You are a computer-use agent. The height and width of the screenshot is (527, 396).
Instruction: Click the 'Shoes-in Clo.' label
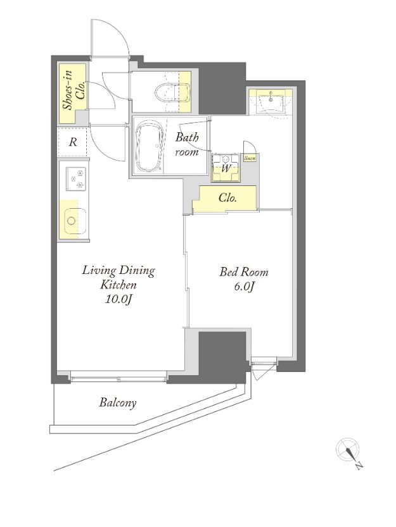(x=73, y=90)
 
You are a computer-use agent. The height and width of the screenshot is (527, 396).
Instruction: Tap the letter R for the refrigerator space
(x=73, y=142)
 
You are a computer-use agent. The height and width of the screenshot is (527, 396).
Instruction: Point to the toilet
(x=172, y=91)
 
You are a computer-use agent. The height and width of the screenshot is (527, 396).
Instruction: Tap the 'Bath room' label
(x=187, y=144)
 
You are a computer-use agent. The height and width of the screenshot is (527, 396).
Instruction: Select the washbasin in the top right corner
(x=271, y=101)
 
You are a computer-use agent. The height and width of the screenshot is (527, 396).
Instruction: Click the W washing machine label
(x=226, y=168)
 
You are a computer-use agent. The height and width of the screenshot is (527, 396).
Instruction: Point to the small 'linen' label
(x=250, y=158)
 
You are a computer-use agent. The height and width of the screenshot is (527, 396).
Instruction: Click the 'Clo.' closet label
(x=228, y=198)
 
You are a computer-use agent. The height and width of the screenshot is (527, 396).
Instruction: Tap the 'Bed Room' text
(x=244, y=271)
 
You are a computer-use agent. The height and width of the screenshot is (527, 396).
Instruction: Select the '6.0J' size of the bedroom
(x=244, y=287)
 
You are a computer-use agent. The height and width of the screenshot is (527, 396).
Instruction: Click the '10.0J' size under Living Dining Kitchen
(x=118, y=299)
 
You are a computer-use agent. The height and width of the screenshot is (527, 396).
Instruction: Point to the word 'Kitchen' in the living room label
(x=119, y=285)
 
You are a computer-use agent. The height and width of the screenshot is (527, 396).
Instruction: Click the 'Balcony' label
(x=118, y=403)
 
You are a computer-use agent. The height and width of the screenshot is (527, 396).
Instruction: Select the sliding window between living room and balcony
(x=118, y=378)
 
